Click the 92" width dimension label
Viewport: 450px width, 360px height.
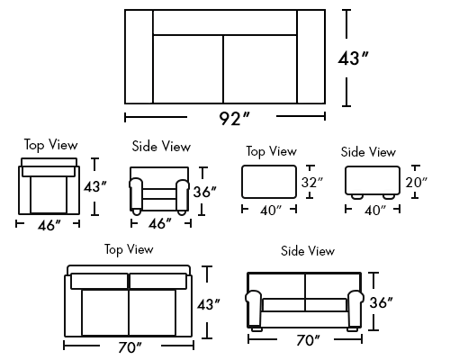pyautogui.click(x=234, y=119)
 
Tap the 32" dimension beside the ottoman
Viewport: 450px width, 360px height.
pyautogui.click(x=312, y=182)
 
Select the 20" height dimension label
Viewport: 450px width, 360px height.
pyautogui.click(x=416, y=183)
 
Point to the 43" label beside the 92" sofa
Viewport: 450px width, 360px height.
pyautogui.click(x=353, y=58)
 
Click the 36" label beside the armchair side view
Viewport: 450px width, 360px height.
pyautogui.click(x=204, y=192)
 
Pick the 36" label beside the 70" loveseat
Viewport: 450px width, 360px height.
pyautogui.click(x=381, y=302)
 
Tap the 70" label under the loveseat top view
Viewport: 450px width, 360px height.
pyautogui.click(x=130, y=347)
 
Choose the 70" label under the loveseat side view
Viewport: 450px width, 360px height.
pyautogui.click(x=308, y=340)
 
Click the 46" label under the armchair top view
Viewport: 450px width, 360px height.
pyautogui.click(x=49, y=225)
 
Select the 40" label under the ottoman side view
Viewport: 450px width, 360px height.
pyautogui.click(x=375, y=211)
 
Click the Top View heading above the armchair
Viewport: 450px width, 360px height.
pyautogui.click(x=50, y=145)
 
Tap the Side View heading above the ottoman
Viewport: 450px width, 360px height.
pyautogui.click(x=368, y=152)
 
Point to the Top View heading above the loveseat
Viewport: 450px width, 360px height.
pyautogui.click(x=129, y=249)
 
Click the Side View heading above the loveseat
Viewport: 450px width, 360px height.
pyautogui.click(x=308, y=251)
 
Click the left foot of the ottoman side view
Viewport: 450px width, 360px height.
pyautogui.click(x=357, y=196)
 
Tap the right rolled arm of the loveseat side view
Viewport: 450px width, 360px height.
pyautogui.click(x=355, y=308)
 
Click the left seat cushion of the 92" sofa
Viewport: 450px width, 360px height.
pyautogui.click(x=188, y=69)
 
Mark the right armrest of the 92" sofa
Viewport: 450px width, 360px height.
pyautogui.click(x=311, y=57)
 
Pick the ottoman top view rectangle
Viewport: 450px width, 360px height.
pyautogui.click(x=269, y=182)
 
